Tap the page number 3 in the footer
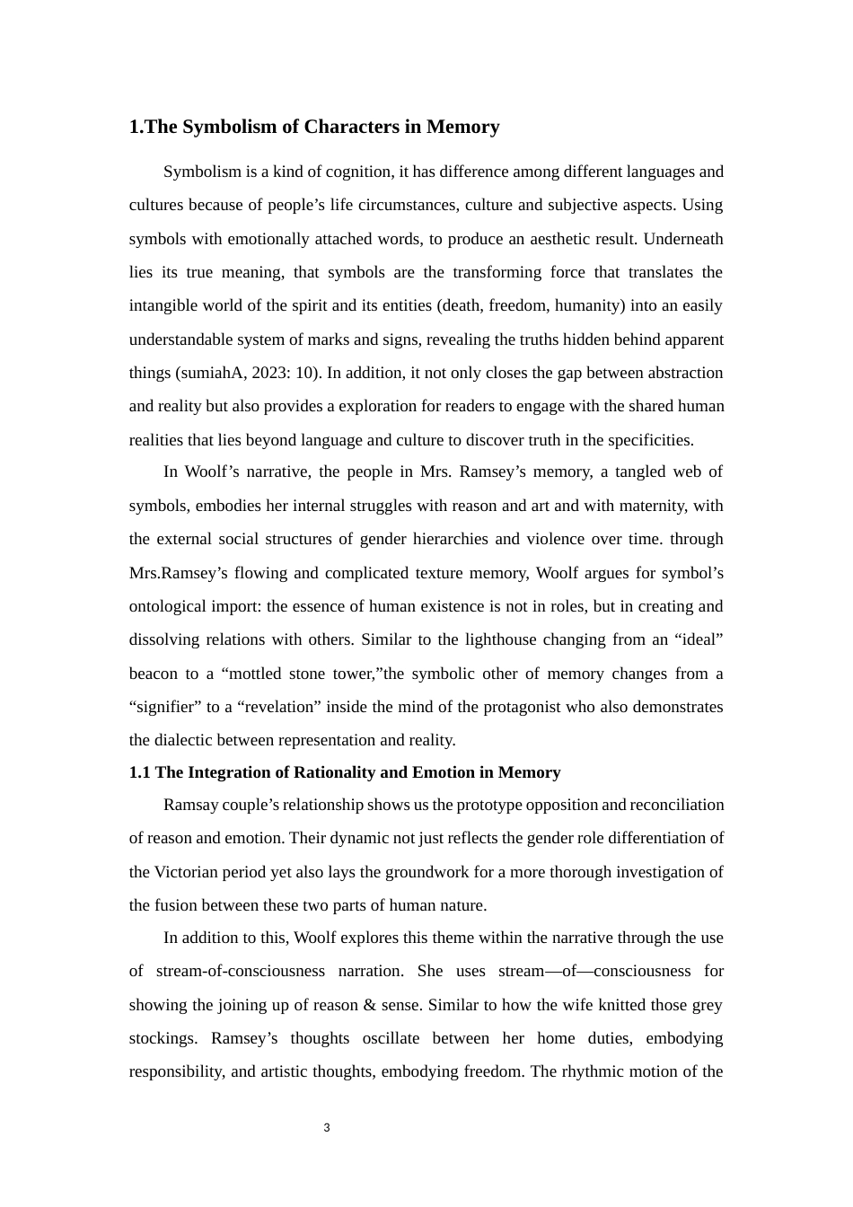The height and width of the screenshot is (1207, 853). coord(327,1128)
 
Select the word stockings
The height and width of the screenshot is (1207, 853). coord(161,1038)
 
